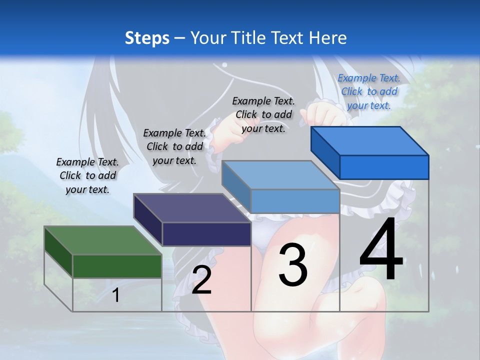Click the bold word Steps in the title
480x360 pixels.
[147, 38]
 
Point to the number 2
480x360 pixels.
[201, 280]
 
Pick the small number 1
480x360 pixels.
[116, 295]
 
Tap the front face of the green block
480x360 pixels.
[117, 266]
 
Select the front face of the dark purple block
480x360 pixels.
[206, 234]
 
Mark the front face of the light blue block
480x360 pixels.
[295, 201]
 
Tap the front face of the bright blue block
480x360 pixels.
[384, 167]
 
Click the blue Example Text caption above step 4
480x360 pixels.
[368, 91]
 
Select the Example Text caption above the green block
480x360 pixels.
[87, 175]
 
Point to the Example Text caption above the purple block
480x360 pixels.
[174, 146]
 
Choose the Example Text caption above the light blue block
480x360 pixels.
[263, 114]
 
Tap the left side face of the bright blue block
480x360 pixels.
[325, 152]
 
